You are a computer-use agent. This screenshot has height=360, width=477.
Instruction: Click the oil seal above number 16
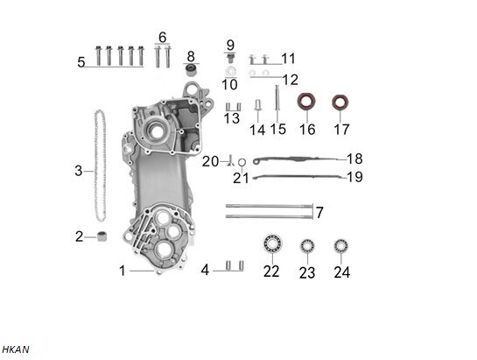(x=305, y=102)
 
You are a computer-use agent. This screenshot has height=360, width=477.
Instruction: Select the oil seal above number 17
(x=340, y=102)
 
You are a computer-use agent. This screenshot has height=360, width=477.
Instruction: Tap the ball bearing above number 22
(x=271, y=245)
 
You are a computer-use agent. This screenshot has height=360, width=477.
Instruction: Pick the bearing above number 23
(x=306, y=246)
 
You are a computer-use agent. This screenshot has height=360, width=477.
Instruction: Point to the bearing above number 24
(x=340, y=245)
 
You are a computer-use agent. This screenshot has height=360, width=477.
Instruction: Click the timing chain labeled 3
(x=100, y=166)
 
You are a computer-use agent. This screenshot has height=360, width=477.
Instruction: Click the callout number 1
(x=123, y=271)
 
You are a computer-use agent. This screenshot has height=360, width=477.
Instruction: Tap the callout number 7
(x=319, y=213)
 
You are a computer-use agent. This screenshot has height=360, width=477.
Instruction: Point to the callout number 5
(x=81, y=62)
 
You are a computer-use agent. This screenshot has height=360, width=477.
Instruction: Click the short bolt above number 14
(x=258, y=107)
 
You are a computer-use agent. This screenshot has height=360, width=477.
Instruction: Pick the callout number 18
(x=354, y=159)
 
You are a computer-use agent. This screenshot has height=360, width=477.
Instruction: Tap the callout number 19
(x=354, y=178)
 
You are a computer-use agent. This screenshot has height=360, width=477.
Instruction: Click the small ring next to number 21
(x=242, y=161)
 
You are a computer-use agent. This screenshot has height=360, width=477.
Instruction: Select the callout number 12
(x=289, y=80)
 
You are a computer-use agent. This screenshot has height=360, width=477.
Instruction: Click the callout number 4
(x=205, y=270)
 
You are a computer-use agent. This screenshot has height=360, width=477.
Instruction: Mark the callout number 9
(x=230, y=45)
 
